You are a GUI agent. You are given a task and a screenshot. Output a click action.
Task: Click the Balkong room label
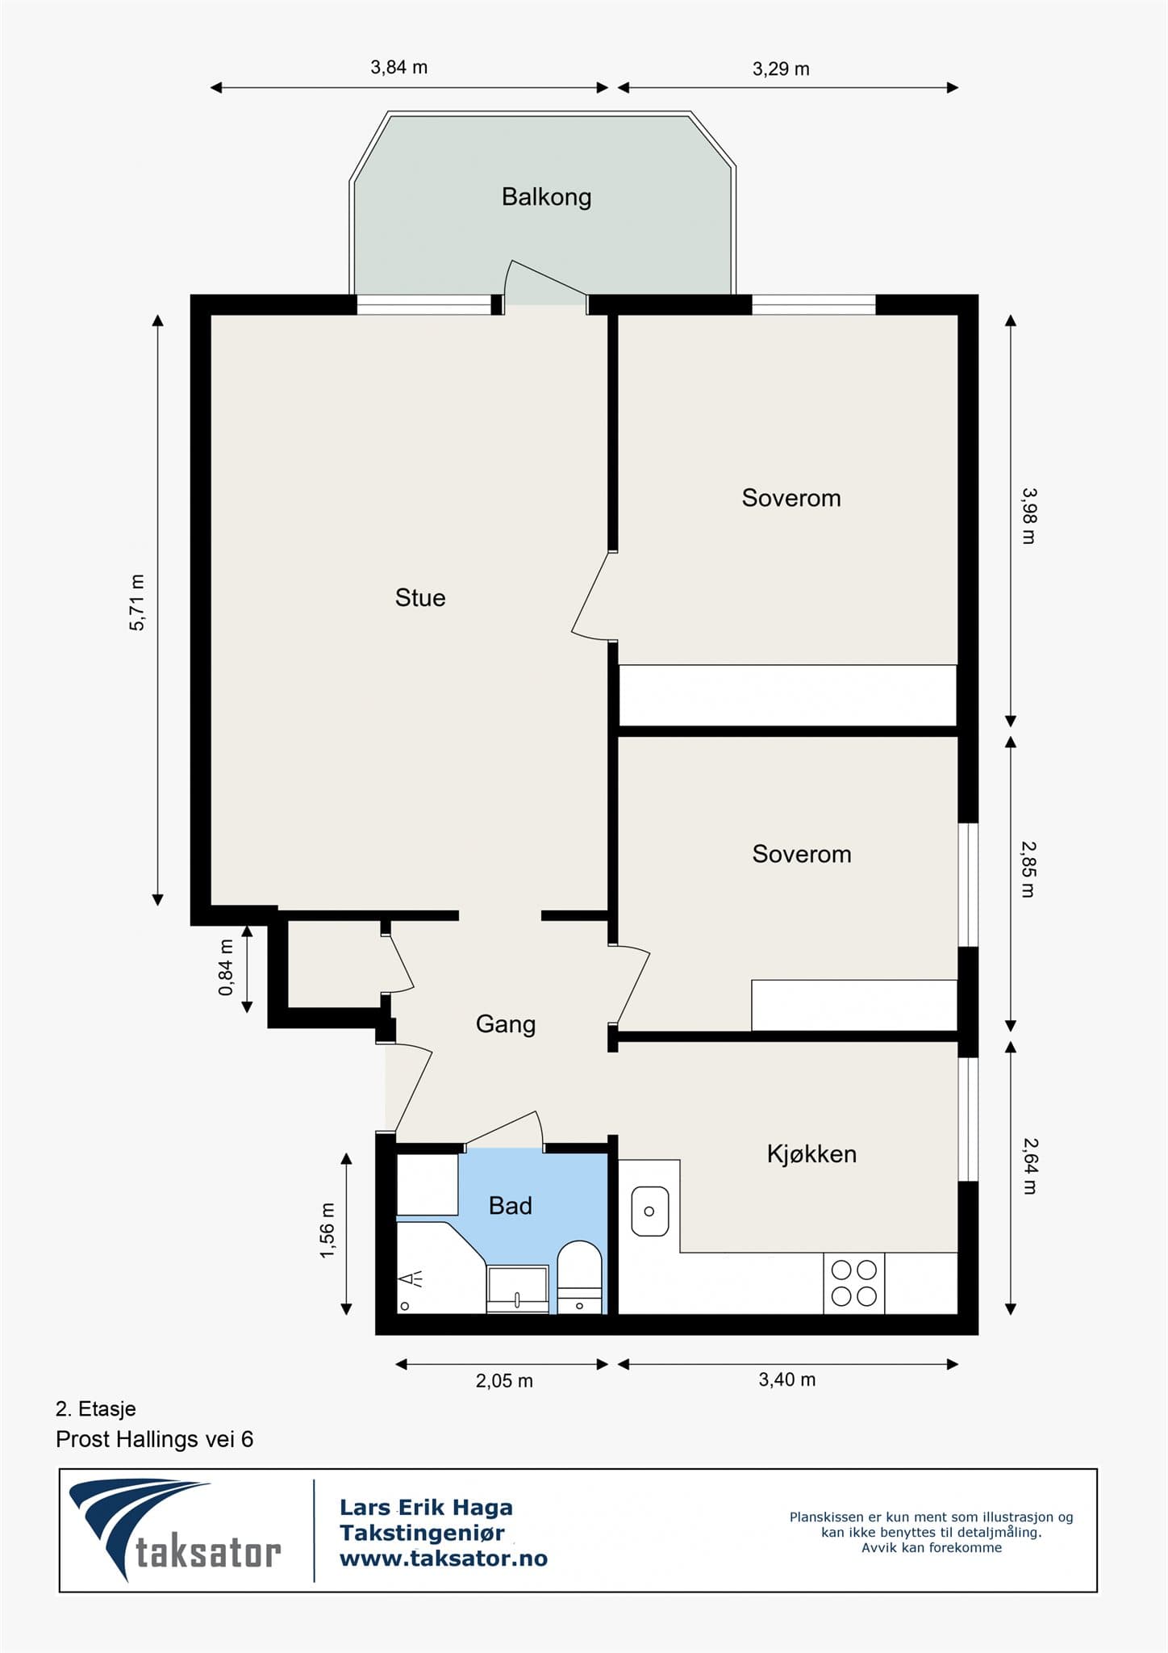(x=546, y=197)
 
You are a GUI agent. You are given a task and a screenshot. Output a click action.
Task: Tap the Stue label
(x=419, y=598)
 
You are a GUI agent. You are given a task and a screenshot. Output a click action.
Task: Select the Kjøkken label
(x=811, y=1154)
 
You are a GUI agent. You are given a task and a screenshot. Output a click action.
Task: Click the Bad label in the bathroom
(x=510, y=1206)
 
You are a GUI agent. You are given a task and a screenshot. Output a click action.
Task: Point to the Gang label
(x=506, y=1024)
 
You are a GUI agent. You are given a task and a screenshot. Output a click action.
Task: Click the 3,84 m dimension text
(x=398, y=68)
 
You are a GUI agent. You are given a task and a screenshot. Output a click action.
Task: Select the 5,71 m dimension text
(x=138, y=603)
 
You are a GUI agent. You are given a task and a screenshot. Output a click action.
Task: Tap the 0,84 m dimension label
(x=227, y=967)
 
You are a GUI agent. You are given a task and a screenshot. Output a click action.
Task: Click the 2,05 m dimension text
(x=504, y=1381)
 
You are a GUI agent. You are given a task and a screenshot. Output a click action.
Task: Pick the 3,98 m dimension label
(x=1028, y=516)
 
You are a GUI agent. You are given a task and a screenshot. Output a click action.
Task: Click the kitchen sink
(x=649, y=1211)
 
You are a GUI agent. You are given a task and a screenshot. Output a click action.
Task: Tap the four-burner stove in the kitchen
(x=853, y=1283)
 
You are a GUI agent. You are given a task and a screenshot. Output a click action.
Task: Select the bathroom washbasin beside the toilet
(x=517, y=1287)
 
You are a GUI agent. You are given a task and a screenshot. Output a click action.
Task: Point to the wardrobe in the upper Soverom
(x=786, y=696)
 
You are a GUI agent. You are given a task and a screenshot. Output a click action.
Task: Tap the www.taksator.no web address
(x=443, y=1559)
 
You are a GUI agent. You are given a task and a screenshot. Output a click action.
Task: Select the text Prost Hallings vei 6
(x=154, y=1439)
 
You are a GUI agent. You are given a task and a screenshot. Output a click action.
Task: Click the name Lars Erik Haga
(x=426, y=1507)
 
